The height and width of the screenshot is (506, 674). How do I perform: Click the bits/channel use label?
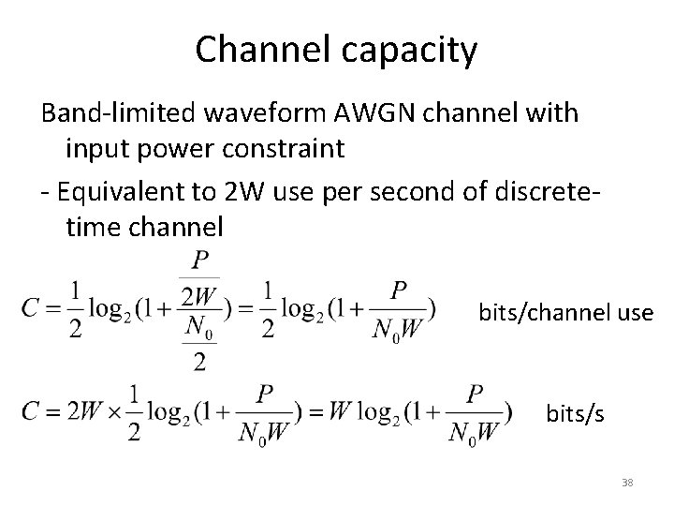[x=565, y=312]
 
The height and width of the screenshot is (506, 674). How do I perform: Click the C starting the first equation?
[x=30, y=305]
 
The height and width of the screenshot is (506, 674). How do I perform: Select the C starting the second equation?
[x=31, y=409]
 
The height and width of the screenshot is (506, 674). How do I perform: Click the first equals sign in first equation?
[x=54, y=306]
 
